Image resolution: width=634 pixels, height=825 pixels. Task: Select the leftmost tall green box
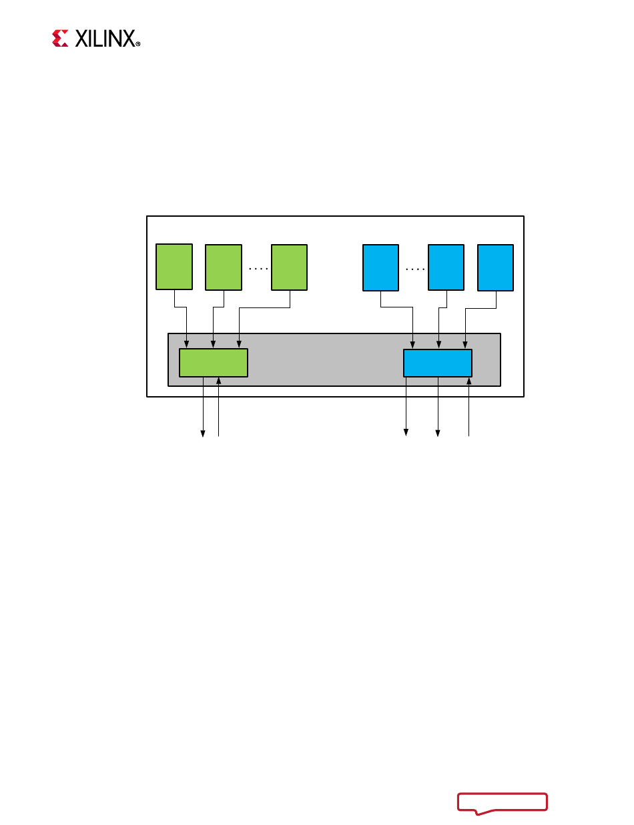pyautogui.click(x=174, y=267)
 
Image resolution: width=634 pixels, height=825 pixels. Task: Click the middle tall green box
pyautogui.click(x=224, y=267)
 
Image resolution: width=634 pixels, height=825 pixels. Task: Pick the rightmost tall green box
pyautogui.click(x=289, y=267)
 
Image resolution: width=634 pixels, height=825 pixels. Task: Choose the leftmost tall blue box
pyautogui.click(x=380, y=267)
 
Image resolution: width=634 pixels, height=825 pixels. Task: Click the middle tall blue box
pyautogui.click(x=446, y=267)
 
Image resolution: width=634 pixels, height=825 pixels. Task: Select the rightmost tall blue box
pyautogui.click(x=496, y=267)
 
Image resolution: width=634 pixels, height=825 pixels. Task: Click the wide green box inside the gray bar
pyautogui.click(x=214, y=363)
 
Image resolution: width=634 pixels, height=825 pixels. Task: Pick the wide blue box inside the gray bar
pyautogui.click(x=438, y=363)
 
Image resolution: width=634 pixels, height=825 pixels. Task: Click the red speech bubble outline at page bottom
pyautogui.click(x=502, y=802)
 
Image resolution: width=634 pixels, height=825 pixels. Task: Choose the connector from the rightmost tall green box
pyautogui.click(x=264, y=308)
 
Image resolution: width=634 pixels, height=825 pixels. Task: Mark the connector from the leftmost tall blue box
pyautogui.click(x=397, y=308)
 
